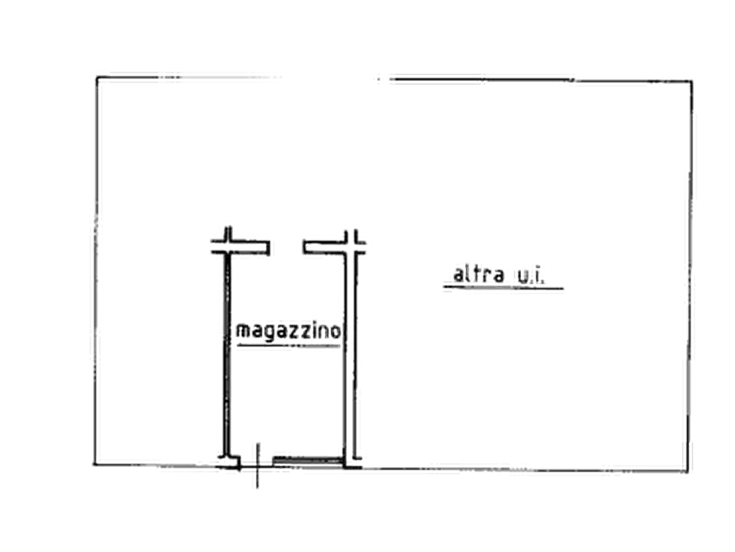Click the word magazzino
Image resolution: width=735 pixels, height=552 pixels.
pos(288,331)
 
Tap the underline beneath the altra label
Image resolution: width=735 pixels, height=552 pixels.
pos(502,291)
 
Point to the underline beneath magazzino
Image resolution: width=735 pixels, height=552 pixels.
pos(287,349)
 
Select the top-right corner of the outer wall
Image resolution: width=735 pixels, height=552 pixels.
pos(690,82)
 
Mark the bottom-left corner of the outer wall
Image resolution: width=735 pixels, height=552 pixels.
pos(98,464)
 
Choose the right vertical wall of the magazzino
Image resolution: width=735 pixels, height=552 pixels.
pos(354,354)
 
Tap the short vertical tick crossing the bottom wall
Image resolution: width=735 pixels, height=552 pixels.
pos(259,466)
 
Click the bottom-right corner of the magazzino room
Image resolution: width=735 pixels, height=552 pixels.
pos(353,464)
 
